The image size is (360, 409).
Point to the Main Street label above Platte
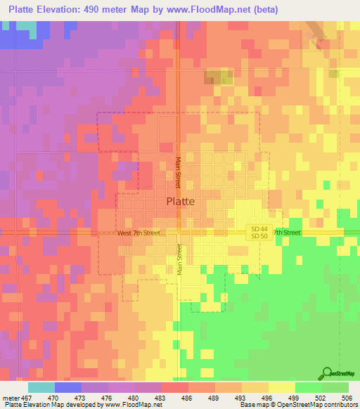pos(179,171)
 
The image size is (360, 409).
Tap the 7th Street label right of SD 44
pos(287,233)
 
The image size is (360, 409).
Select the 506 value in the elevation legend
pos(348,397)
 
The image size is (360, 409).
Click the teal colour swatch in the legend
pos(41,387)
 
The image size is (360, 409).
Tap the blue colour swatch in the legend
pos(67,387)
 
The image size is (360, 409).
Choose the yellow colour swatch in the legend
pos(281,387)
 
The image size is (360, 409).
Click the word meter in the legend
pos(11,397)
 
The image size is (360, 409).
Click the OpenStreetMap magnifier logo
pos(328,373)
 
